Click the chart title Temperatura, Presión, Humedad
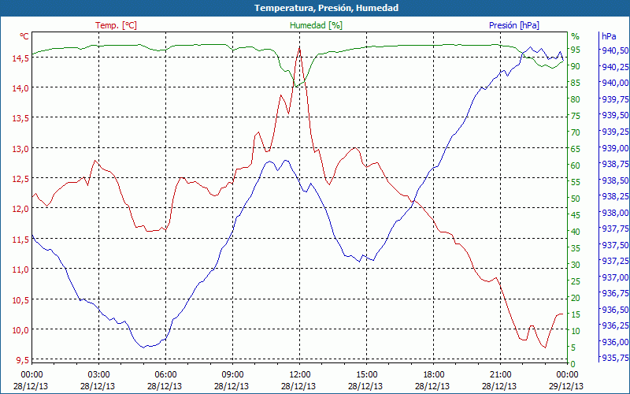315,8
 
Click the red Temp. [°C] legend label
116,25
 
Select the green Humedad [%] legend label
316,25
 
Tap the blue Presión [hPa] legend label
513,25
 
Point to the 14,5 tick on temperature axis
17,57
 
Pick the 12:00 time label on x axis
300,374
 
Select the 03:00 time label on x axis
98,374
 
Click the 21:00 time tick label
501,374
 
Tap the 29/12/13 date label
567,386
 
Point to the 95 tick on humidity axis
576,50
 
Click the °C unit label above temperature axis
24,36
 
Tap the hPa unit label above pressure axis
609,36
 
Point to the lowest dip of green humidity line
296,85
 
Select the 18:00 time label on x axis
434,374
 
